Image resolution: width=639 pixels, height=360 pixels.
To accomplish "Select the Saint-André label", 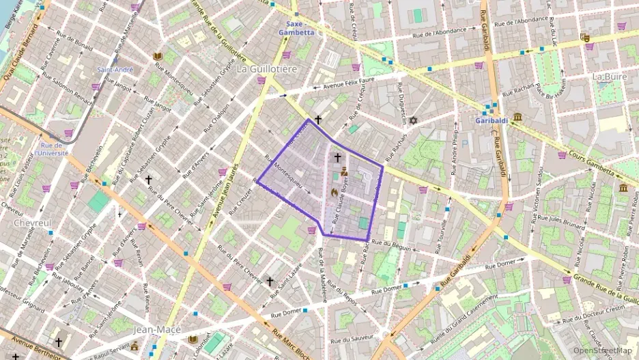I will point(115,70).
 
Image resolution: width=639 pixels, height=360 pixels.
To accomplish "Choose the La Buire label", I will point(610,76).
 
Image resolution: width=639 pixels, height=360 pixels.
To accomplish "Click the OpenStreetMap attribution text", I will point(603,350).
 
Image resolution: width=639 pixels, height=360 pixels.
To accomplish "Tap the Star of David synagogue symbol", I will point(412,120).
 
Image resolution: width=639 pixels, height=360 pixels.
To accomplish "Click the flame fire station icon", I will point(334,193).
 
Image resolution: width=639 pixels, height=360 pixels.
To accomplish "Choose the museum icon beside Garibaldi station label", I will point(517,117).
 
